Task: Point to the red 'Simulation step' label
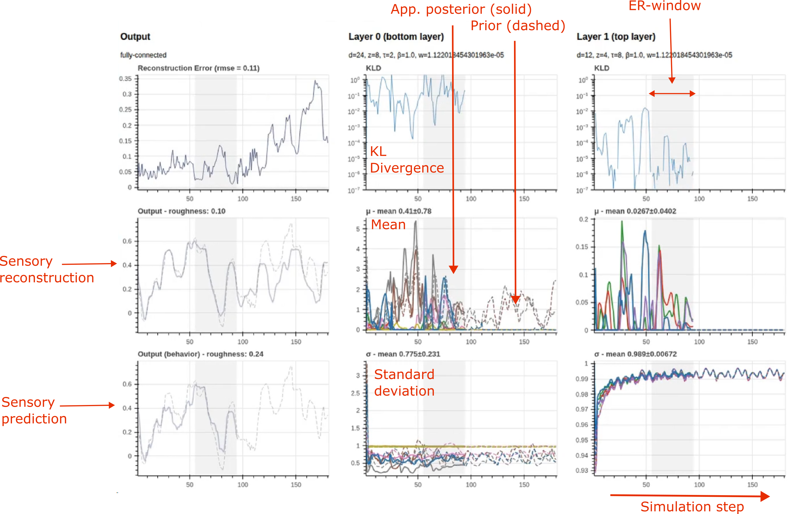(692, 506)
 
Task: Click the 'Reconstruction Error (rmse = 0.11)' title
(198, 68)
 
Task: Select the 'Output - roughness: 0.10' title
(181, 211)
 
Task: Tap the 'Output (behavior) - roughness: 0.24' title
(200, 354)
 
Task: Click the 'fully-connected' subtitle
(143, 55)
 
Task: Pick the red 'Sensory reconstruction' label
(47, 269)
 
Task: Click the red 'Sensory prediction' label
(34, 410)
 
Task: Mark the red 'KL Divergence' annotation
(406, 160)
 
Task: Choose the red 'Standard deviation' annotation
(404, 383)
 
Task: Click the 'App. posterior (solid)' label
(461, 9)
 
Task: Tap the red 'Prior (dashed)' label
(517, 26)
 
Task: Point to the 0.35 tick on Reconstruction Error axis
(125, 79)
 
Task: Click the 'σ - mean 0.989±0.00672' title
(635, 354)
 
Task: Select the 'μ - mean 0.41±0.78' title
(398, 211)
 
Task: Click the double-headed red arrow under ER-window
(672, 94)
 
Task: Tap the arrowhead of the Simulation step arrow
(765, 496)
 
